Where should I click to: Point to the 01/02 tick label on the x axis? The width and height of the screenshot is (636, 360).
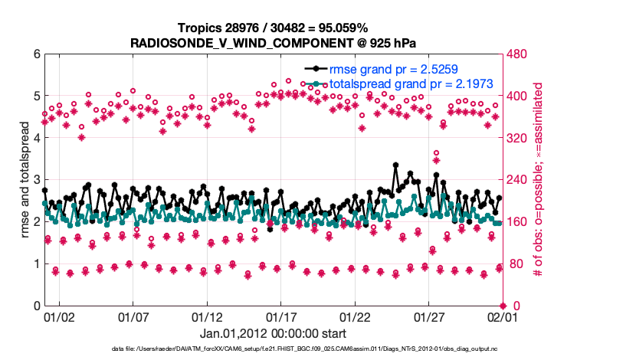click(x=59, y=316)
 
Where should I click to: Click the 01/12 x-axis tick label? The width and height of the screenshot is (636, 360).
click(x=207, y=316)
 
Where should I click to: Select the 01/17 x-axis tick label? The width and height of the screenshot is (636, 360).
click(x=281, y=316)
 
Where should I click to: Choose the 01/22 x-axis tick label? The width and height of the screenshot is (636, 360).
click(x=355, y=316)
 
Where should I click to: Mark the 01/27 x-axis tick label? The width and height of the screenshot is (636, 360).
click(x=429, y=316)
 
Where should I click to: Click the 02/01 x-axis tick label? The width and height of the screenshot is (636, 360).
click(x=503, y=316)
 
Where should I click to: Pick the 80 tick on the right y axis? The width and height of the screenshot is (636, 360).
click(x=513, y=263)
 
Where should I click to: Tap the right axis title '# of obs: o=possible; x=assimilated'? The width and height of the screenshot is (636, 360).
click(x=538, y=180)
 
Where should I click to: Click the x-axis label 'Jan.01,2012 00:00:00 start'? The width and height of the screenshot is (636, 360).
click(x=273, y=333)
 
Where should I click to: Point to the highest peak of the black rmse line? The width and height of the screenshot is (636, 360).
click(x=395, y=165)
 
